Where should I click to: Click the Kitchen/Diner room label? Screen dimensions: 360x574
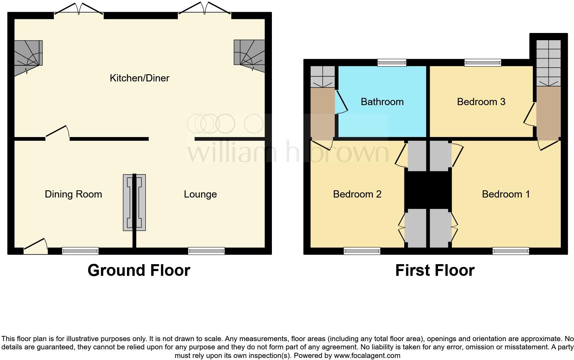click(139, 78)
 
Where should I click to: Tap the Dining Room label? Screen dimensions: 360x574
click(73, 194)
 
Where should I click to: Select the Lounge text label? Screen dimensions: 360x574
click(200, 194)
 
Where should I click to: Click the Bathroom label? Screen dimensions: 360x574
click(382, 102)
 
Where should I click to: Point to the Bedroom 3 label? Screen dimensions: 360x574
click(481, 102)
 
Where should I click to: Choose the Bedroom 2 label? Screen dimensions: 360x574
click(357, 194)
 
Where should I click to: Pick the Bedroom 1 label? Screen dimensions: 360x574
click(506, 194)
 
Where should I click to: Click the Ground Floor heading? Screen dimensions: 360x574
click(139, 270)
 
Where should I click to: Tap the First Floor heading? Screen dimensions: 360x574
click(435, 270)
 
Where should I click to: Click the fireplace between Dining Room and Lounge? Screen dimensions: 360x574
click(134, 202)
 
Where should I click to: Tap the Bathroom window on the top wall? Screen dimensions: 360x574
click(392, 63)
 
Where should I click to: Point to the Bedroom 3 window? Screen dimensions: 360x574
click(482, 63)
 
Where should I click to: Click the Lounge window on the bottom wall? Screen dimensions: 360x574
click(206, 251)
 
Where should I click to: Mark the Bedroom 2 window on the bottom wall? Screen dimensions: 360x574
click(362, 251)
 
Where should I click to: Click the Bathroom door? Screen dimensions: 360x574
click(341, 102)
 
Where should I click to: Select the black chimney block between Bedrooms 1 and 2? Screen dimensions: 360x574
click(428, 190)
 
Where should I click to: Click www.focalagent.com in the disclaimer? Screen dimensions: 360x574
click(367, 356)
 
